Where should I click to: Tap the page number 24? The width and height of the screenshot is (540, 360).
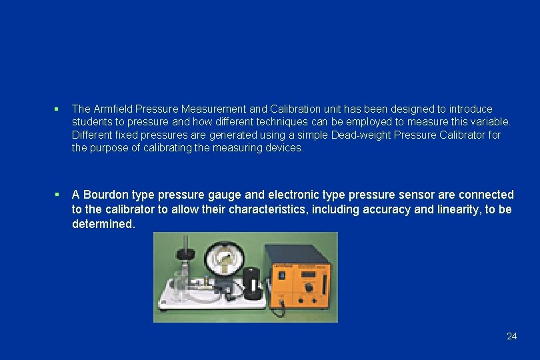511,336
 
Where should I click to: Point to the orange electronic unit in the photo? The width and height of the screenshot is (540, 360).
299,279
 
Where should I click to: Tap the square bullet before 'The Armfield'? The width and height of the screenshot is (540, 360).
58,109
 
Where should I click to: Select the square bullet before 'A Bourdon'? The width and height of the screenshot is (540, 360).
58,195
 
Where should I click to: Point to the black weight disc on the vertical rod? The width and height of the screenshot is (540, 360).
185,253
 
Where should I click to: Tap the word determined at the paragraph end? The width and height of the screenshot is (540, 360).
103,224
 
